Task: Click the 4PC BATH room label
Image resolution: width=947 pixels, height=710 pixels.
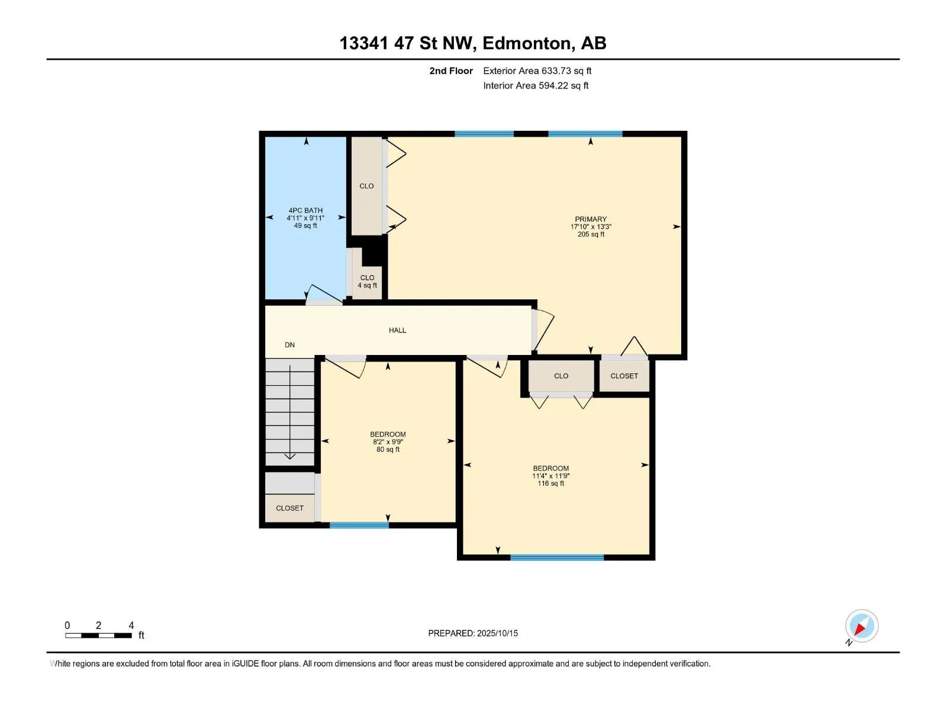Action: pos(305,211)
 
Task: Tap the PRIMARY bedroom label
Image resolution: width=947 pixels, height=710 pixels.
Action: pos(591,219)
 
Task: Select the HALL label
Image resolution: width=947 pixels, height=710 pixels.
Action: pos(397,330)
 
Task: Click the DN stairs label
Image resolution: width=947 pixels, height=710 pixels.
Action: pos(289,345)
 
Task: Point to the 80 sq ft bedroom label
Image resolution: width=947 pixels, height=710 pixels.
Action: pos(388,442)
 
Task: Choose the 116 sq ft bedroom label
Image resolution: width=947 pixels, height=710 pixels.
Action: pos(551,476)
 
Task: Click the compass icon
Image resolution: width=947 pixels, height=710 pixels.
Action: pos(862,626)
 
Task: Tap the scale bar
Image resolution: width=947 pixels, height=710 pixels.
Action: pos(98,635)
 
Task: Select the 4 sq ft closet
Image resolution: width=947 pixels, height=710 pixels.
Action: pos(367,274)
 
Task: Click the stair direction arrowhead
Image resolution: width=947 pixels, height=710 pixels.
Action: pos(290,457)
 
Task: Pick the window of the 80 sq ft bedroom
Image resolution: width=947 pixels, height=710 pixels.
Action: pos(359,525)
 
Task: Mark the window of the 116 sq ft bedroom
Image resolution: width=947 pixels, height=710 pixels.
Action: pos(557,558)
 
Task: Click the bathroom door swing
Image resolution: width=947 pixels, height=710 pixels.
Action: pos(324,295)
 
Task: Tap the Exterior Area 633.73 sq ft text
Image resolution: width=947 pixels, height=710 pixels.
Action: pos(537,70)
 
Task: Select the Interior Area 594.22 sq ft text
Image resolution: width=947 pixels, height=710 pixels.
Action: pos(536,85)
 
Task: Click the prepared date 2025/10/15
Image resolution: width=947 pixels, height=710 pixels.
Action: pos(497,633)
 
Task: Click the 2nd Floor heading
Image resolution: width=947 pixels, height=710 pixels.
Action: pos(451,70)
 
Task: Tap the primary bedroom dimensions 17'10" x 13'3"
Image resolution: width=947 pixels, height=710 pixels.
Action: pos(591,227)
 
